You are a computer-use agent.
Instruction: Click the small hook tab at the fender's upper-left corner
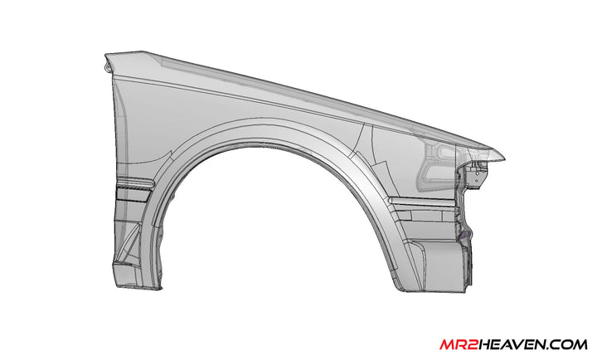107,62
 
